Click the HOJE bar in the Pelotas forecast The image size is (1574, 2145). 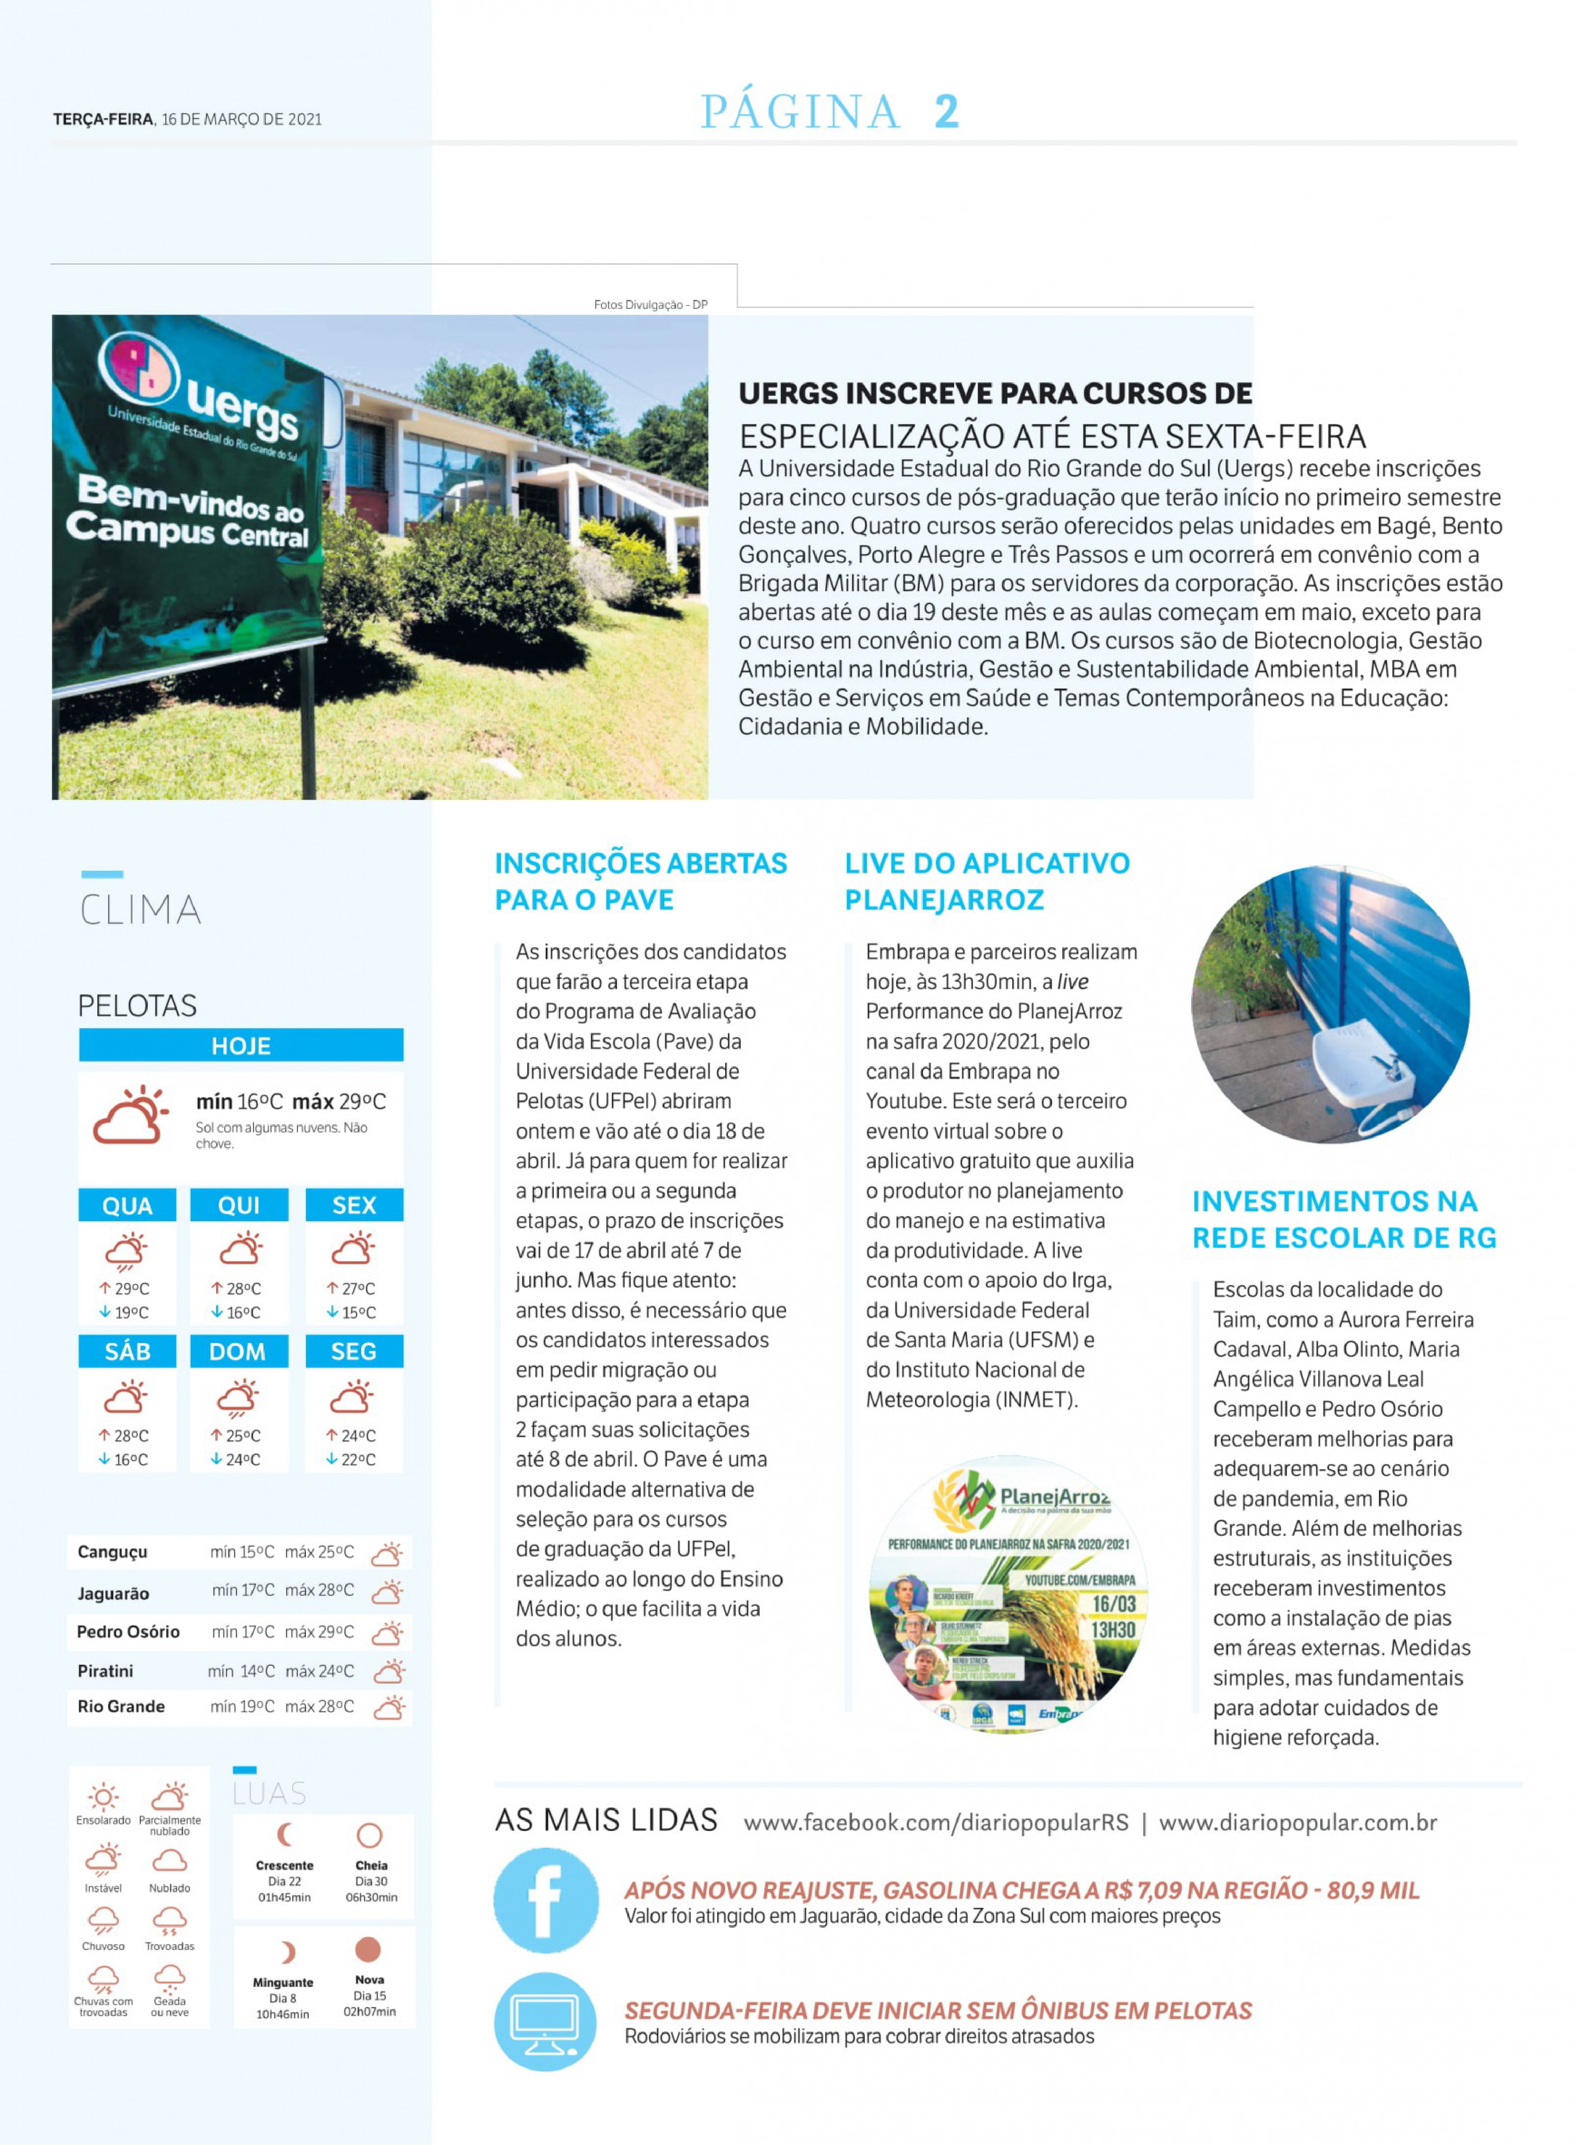click(241, 1045)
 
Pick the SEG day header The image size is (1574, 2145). click(354, 1351)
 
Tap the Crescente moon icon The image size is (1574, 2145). click(284, 1834)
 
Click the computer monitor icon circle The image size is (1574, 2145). click(545, 2021)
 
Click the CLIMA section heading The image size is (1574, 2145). click(141, 910)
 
